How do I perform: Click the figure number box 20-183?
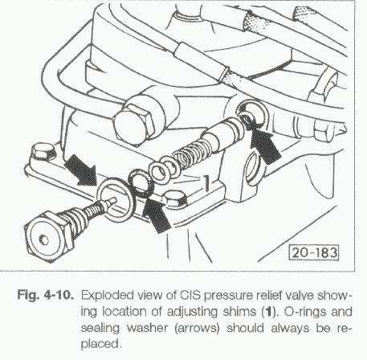[x=314, y=252]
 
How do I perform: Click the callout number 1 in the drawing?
[x=206, y=183]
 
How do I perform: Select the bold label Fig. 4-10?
[x=45, y=295]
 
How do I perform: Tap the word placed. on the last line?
[x=100, y=344]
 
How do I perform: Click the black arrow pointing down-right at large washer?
[x=82, y=170]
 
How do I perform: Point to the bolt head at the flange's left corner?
[x=43, y=152]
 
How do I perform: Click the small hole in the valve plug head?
[x=43, y=239]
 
